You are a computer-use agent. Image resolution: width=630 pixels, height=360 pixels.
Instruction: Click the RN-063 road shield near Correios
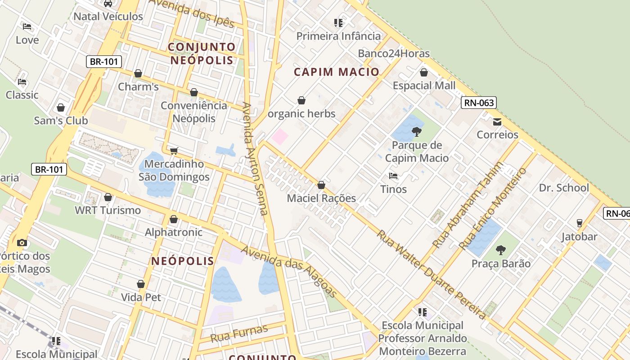tap(479, 103)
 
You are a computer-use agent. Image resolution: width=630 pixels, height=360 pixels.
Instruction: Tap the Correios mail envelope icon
tap(497, 122)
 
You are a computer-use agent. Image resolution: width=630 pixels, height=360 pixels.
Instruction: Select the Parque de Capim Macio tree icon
tap(417, 132)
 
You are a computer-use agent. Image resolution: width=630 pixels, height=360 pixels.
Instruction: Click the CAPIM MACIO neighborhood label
tap(337, 72)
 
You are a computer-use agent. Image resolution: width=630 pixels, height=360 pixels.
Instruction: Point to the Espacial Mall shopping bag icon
tap(423, 72)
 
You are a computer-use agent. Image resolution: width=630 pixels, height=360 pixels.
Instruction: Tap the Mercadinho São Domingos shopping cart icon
tap(174, 151)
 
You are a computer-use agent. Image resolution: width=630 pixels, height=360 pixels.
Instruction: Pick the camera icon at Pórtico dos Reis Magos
tap(22, 243)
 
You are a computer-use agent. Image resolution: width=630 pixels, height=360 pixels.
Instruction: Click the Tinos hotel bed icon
tap(393, 176)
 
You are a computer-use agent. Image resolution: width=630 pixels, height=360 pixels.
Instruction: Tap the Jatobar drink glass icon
tap(580, 223)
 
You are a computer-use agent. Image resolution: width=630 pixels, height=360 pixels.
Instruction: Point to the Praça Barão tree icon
tap(501, 250)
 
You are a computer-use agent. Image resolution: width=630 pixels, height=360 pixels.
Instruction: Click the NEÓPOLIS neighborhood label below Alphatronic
tap(183, 261)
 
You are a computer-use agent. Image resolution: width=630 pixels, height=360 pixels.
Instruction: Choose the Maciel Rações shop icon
tap(321, 185)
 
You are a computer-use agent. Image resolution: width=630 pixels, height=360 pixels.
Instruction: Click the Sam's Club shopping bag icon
tap(61, 108)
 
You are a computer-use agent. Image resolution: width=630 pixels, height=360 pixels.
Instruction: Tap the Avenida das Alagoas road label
tap(289, 271)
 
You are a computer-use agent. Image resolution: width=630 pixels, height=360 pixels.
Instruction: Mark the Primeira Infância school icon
tap(338, 22)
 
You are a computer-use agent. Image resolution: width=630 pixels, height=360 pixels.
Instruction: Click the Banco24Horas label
tap(394, 54)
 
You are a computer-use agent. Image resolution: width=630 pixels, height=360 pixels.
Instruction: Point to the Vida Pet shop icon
tap(141, 284)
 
